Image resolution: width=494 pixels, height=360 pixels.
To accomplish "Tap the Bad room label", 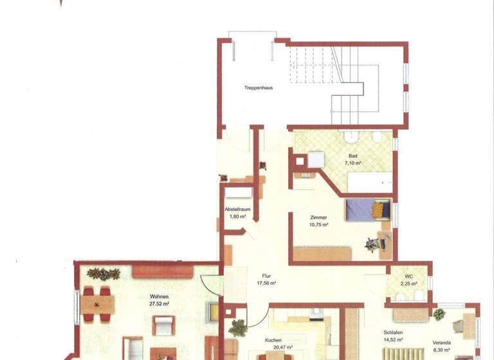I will click(352, 156).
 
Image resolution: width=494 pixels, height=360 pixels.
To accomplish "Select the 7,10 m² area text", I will click(352, 163).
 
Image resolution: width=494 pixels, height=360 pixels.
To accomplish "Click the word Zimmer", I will click(318, 218).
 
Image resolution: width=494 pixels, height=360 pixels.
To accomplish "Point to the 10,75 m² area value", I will click(318, 225).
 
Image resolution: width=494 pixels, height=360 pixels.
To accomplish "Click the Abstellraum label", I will click(237, 210).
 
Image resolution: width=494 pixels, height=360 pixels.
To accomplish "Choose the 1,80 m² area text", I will click(238, 217).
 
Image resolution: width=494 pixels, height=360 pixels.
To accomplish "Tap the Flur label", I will click(266, 276).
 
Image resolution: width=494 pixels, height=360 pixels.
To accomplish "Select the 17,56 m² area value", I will click(266, 283).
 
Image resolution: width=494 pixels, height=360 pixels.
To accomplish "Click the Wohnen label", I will click(158, 296).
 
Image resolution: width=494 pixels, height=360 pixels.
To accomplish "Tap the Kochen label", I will click(273, 341).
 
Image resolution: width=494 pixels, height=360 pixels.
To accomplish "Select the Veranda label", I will click(441, 343).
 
